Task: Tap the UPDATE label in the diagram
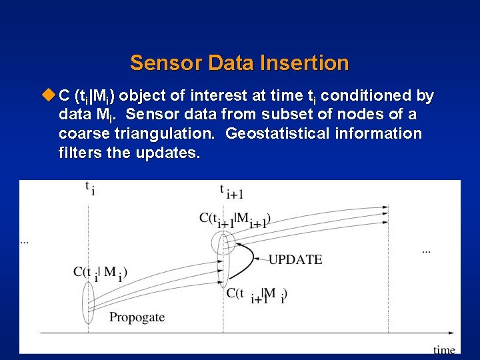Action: tap(295, 259)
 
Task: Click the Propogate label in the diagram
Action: tap(137, 317)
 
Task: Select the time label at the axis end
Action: tap(444, 349)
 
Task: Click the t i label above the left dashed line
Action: tap(89, 189)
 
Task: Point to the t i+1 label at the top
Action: tap(231, 191)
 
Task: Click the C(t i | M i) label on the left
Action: tap(101, 273)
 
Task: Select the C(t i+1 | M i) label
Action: tap(257, 294)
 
